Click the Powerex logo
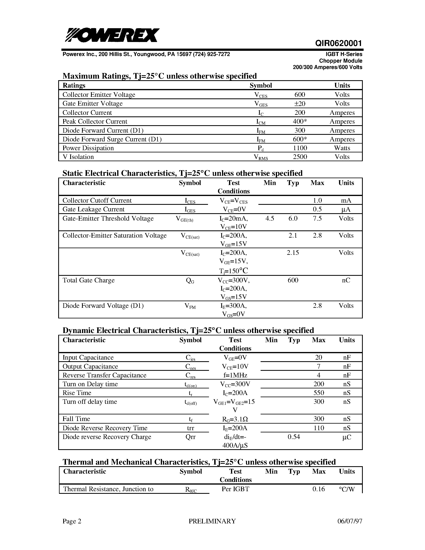pos(112,35)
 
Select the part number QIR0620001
pos(338,43)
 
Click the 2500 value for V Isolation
pos(300,157)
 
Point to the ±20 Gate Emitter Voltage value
pos(300,104)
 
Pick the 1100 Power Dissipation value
pos(300,148)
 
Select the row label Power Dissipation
pos(88,148)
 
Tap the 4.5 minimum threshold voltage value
pos(270,218)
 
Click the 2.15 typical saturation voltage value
pos(293,253)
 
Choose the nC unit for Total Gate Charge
pos(346,280)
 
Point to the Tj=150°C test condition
pos(234,271)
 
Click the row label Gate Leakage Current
pos(93,209)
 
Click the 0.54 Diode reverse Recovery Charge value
pos(294,437)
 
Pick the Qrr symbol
pos(190,437)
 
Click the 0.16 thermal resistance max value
pos(318,489)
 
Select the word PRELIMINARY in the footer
pos(212,521)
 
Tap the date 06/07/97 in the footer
pos(350,521)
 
